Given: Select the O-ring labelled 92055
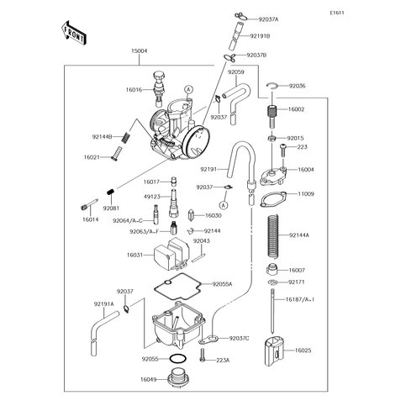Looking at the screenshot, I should pyautogui.click(x=177, y=359).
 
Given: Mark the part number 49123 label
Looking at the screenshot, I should pyautogui.click(x=153, y=195).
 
